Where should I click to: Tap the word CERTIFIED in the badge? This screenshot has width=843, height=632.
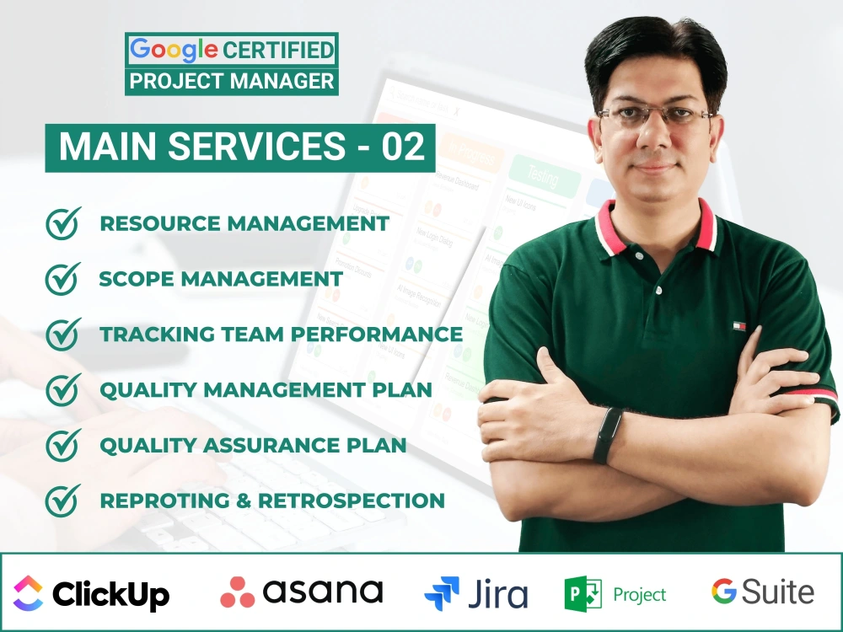click(278, 50)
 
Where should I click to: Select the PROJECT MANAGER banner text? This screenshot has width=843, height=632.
click(232, 81)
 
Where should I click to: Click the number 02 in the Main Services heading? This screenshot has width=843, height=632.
click(402, 147)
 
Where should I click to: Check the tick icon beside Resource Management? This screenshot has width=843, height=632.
click(63, 223)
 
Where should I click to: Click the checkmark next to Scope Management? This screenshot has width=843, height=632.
click(63, 279)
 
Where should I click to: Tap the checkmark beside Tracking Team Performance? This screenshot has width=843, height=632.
click(63, 334)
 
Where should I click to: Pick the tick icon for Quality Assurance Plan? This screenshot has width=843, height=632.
click(63, 445)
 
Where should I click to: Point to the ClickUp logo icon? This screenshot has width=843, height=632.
click(29, 592)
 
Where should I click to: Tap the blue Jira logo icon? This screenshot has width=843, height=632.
click(442, 593)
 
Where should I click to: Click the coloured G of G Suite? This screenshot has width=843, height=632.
click(724, 592)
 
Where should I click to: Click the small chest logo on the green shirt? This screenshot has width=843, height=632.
click(739, 325)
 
